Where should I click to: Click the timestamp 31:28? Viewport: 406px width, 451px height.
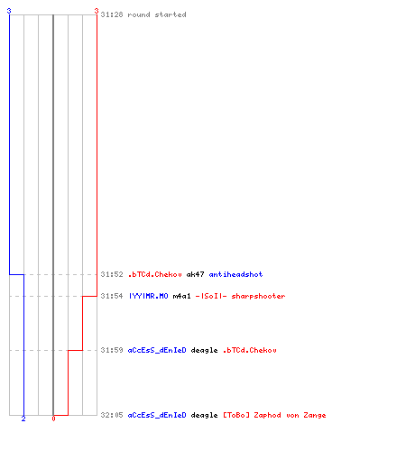(x=112, y=14)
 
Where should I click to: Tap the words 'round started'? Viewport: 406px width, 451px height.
(x=157, y=14)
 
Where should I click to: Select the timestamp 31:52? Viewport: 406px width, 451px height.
(x=112, y=274)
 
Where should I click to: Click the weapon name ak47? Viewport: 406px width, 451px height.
(x=195, y=274)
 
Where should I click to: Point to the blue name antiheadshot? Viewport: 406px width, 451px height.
(x=235, y=274)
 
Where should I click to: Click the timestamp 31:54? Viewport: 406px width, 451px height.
(x=112, y=296)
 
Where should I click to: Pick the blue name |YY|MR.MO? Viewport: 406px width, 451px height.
(x=148, y=296)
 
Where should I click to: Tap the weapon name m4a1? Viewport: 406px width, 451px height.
(x=181, y=296)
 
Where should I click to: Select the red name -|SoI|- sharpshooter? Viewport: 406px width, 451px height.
(x=240, y=296)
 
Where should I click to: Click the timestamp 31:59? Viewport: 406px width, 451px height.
(x=112, y=350)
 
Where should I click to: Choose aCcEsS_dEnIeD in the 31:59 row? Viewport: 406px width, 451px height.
(x=157, y=350)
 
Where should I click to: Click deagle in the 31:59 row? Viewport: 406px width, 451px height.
(x=204, y=351)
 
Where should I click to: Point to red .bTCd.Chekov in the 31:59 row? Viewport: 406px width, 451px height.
(x=249, y=350)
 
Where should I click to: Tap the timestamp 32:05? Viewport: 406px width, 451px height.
(x=112, y=415)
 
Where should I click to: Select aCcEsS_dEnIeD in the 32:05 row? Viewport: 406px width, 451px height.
(x=157, y=415)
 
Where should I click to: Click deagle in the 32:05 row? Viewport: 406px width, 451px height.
(x=204, y=416)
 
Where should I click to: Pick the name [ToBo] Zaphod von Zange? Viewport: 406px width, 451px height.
(x=274, y=416)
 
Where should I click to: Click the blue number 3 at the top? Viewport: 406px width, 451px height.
(x=9, y=11)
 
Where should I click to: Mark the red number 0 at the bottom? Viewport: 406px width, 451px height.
(x=53, y=419)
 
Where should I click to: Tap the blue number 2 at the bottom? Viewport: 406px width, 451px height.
(x=23, y=419)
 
